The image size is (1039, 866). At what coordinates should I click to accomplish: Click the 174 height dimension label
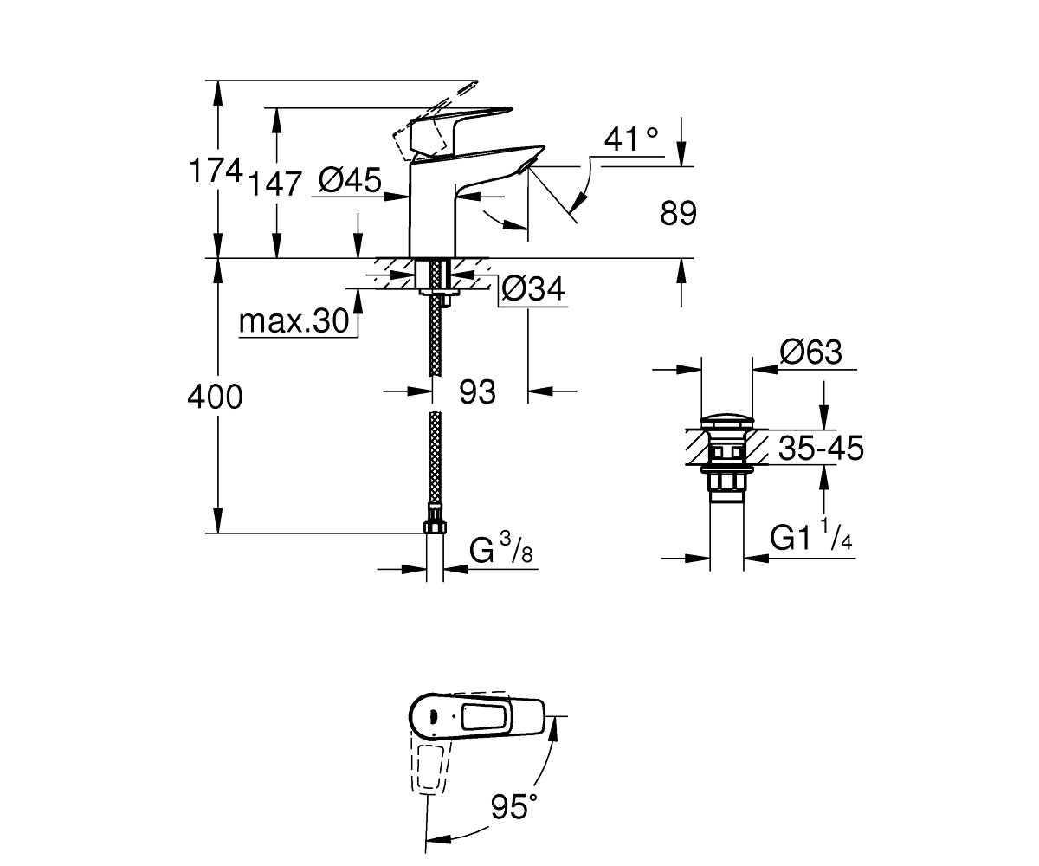(x=216, y=171)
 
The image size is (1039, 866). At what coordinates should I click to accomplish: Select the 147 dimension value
(x=274, y=184)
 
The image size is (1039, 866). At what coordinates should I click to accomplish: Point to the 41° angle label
(x=631, y=139)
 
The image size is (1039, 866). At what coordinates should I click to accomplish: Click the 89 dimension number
(x=678, y=214)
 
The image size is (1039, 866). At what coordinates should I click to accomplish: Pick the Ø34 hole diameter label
(x=533, y=288)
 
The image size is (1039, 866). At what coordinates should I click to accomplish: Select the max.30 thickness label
(x=294, y=321)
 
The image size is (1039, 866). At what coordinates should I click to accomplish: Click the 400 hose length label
(x=215, y=397)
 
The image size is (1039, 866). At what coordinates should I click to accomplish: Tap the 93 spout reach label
(x=477, y=391)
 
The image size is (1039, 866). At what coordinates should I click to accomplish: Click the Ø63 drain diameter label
(x=811, y=352)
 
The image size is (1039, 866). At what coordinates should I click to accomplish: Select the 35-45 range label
(x=821, y=448)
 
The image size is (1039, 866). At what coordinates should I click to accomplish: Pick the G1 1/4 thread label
(x=811, y=538)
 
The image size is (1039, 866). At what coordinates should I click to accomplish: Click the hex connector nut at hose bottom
(x=435, y=527)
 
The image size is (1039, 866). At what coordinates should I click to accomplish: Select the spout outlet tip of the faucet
(x=528, y=165)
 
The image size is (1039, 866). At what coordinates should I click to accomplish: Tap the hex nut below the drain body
(x=726, y=482)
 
